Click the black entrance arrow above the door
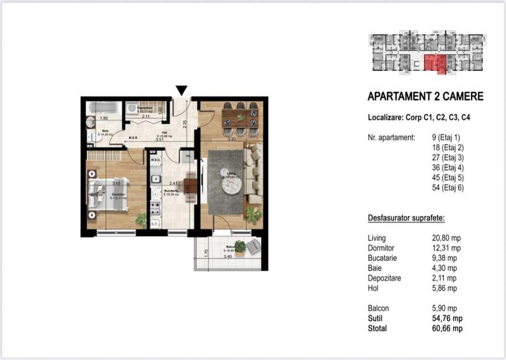(x=182, y=91)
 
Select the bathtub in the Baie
(x=102, y=109)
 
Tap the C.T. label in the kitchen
(x=155, y=224)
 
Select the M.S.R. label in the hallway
(x=134, y=138)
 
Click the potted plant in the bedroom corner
(x=140, y=219)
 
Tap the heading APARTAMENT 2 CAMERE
(x=425, y=97)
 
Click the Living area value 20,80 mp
(x=446, y=237)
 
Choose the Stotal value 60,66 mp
(x=447, y=328)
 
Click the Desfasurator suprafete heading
(x=406, y=218)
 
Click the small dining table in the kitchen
(x=190, y=185)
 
